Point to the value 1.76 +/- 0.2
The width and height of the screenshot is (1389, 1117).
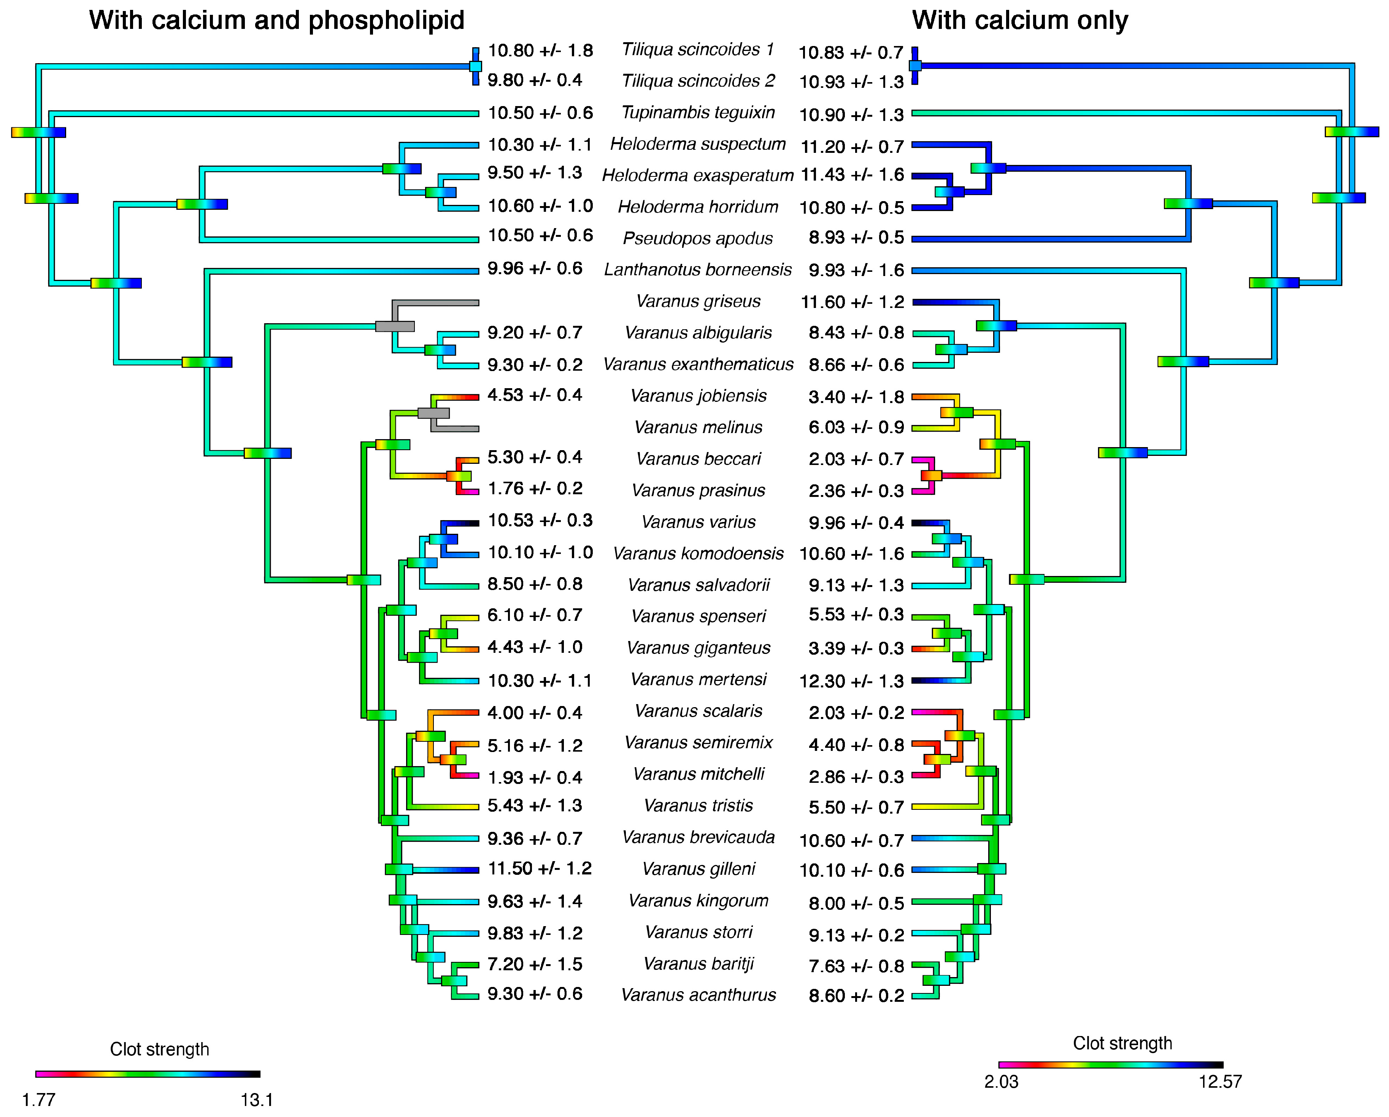535,488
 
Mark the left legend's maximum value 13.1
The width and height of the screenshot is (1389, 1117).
256,1100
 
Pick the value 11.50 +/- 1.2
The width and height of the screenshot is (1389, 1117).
539,868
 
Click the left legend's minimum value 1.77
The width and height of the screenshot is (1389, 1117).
39,1100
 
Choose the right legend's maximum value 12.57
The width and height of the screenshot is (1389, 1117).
1219,1082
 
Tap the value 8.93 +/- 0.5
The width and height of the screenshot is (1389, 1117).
856,237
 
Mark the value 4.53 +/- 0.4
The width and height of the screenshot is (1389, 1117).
535,395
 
